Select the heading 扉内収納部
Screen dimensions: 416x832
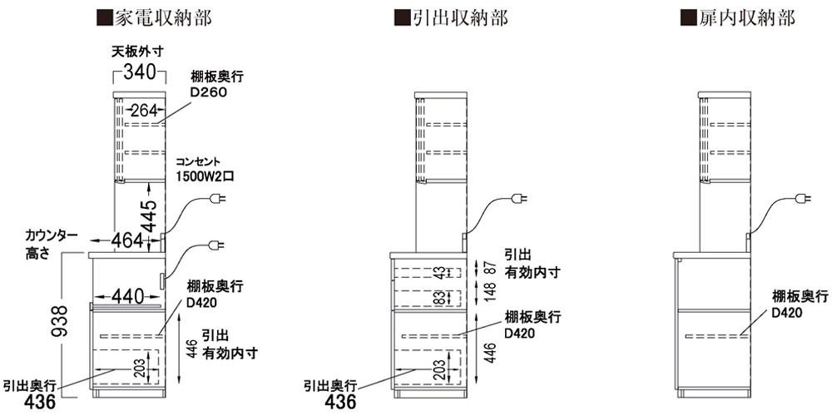pyautogui.click(x=737, y=17)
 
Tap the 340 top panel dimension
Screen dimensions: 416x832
pyautogui.click(x=139, y=72)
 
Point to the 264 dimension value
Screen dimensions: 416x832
pyautogui.click(x=144, y=109)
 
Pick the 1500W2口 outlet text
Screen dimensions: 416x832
pyautogui.click(x=206, y=176)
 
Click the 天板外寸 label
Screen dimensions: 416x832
pyautogui.click(x=138, y=52)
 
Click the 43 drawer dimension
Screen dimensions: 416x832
pyautogui.click(x=438, y=271)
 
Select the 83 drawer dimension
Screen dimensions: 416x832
pyautogui.click(x=438, y=297)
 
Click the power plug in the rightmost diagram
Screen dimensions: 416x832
pyautogui.click(x=802, y=198)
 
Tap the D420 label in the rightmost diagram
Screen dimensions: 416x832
pyautogui.click(x=786, y=313)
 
